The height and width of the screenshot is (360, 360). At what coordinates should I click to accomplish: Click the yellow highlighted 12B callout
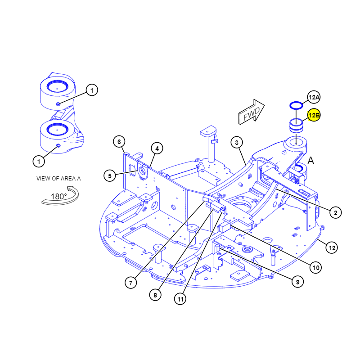pyautogui.click(x=314, y=115)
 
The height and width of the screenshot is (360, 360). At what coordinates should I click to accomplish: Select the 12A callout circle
pyautogui.click(x=314, y=97)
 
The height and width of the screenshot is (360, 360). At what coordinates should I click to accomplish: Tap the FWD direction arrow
pyautogui.click(x=252, y=112)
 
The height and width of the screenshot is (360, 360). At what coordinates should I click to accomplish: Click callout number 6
pyautogui.click(x=119, y=142)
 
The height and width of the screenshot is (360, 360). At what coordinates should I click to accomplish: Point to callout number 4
pyautogui.click(x=157, y=148)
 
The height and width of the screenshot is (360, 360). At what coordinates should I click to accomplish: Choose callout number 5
pyautogui.click(x=109, y=175)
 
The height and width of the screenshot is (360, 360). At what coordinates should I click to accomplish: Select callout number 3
pyautogui.click(x=237, y=143)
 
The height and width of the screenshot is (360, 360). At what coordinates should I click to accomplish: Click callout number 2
pyautogui.click(x=335, y=212)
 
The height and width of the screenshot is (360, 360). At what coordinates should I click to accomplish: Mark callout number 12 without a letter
pyautogui.click(x=332, y=248)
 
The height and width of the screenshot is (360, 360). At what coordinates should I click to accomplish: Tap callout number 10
pyautogui.click(x=316, y=267)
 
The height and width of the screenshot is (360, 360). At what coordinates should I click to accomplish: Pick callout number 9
pyautogui.click(x=297, y=282)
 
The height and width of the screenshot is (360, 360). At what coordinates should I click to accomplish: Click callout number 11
pyautogui.click(x=180, y=299)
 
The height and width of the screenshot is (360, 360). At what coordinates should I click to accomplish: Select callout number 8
pyautogui.click(x=155, y=295)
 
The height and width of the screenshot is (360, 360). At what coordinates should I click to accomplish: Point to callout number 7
pyautogui.click(x=130, y=283)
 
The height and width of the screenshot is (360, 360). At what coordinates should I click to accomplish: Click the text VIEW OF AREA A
pyautogui.click(x=58, y=178)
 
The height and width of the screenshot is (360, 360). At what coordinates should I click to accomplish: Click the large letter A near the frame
pyautogui.click(x=310, y=161)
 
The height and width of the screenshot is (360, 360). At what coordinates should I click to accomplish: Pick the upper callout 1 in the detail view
pyautogui.click(x=92, y=90)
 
